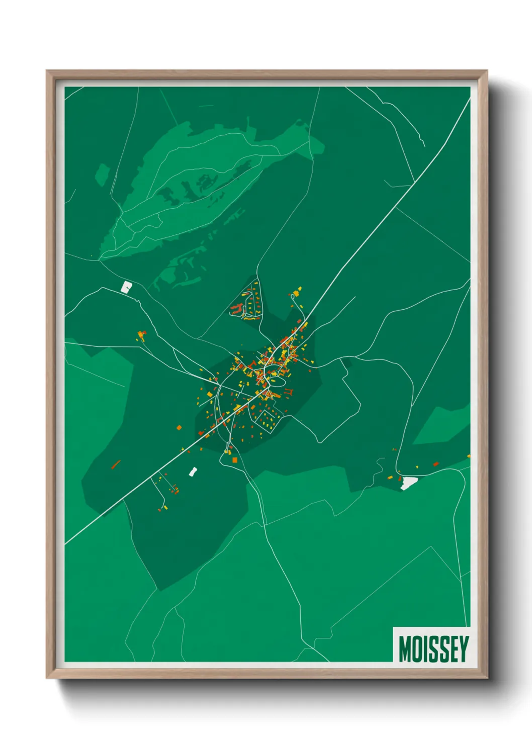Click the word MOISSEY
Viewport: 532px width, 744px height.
pos(433,648)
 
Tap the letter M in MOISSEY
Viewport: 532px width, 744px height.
pos(405,649)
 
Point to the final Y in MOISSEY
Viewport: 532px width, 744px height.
pos(464,648)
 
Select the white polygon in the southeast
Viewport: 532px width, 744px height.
pos(408,483)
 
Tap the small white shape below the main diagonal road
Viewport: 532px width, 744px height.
pos(193,472)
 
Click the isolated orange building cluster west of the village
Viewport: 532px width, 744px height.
pos(141,335)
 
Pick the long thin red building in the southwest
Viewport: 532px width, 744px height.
pos(116,464)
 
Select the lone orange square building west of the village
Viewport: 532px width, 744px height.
pos(179,428)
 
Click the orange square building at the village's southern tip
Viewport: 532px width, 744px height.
pos(234,460)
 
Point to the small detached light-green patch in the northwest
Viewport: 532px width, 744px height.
pos(102,173)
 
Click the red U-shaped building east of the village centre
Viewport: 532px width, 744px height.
pos(288,392)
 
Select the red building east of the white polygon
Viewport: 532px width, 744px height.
pos(436,464)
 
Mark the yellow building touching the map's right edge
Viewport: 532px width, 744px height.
pos(469,456)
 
